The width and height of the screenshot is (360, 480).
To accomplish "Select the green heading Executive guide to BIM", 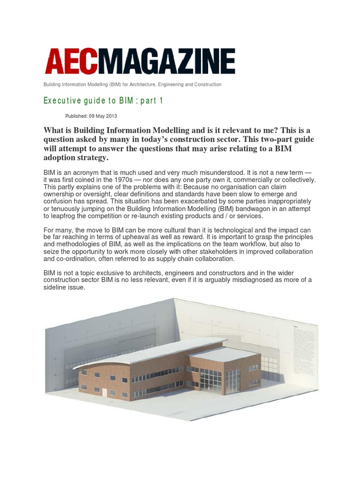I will click(x=103, y=101).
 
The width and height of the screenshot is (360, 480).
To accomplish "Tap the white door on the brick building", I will click(x=105, y=392).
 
